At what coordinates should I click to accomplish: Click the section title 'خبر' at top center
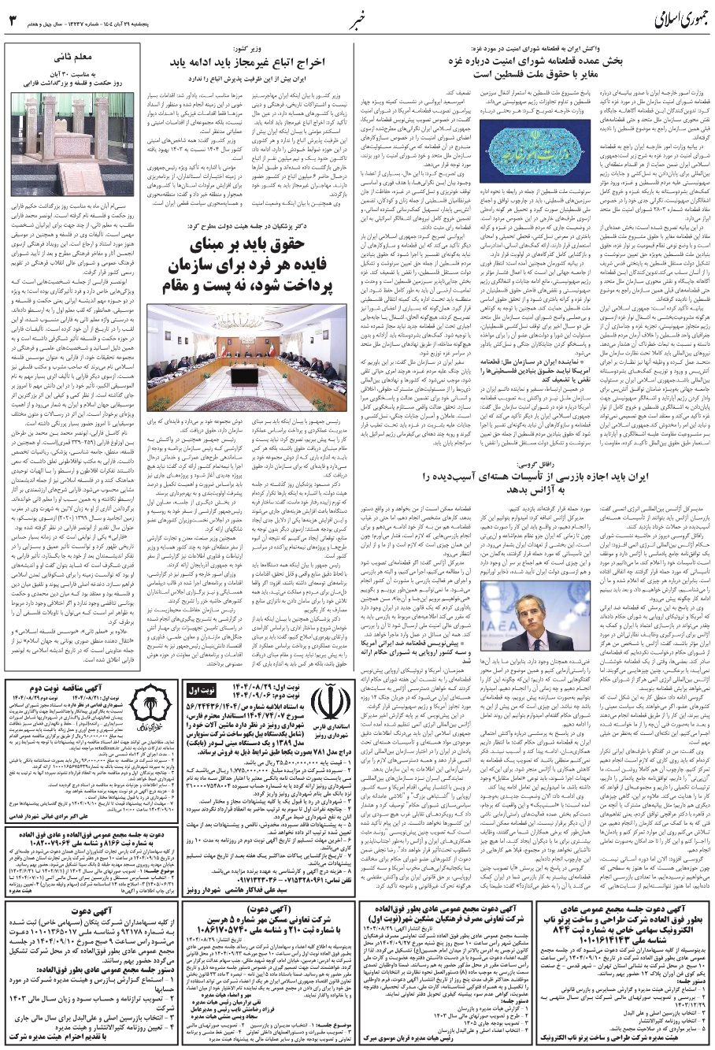358,17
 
